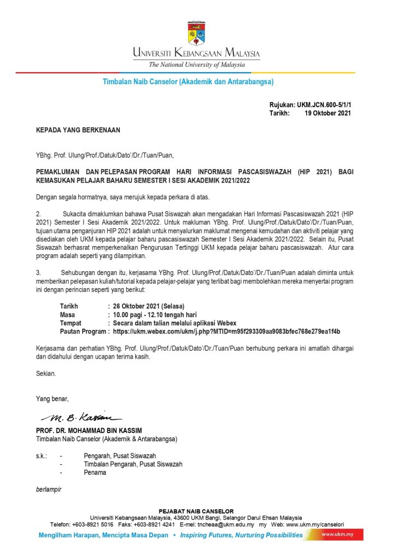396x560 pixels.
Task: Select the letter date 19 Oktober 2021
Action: (x=328, y=113)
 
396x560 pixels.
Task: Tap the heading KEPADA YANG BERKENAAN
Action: (x=78, y=130)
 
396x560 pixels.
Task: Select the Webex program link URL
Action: (x=226, y=331)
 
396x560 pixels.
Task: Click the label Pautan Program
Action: (x=83, y=331)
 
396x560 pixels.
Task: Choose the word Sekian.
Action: (x=45, y=374)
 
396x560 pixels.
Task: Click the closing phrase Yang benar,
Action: (x=52, y=399)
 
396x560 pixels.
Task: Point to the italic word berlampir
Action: (x=48, y=489)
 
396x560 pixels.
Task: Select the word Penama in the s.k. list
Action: (x=95, y=472)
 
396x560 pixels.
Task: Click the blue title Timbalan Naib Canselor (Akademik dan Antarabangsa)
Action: (x=188, y=82)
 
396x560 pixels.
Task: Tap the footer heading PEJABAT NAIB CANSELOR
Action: (x=196, y=511)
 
